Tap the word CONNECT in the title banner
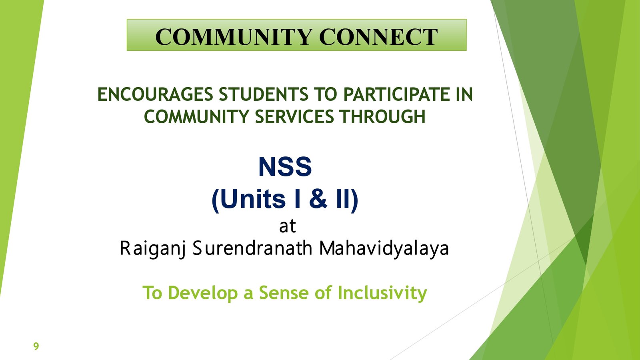(378, 37)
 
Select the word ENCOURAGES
(155, 94)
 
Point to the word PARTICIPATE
(396, 94)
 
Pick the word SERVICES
(294, 116)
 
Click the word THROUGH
(382, 116)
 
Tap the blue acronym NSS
(285, 167)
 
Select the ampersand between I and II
(318, 199)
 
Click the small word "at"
(288, 226)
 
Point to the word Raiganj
(153, 248)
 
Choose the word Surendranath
(252, 248)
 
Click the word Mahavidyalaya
(384, 248)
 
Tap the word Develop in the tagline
(204, 293)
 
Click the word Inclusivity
(382, 293)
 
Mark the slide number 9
(36, 346)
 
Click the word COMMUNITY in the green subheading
(196, 116)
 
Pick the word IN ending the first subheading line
(464, 94)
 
